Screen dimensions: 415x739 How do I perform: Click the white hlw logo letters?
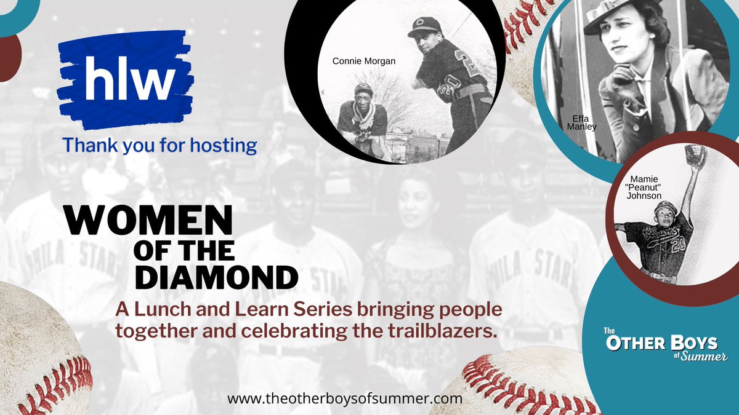126,77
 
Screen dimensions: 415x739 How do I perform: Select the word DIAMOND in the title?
216,277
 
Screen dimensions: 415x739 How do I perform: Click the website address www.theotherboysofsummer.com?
344,398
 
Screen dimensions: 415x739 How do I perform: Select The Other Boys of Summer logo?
663,347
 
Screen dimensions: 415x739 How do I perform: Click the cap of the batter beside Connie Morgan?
424,25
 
